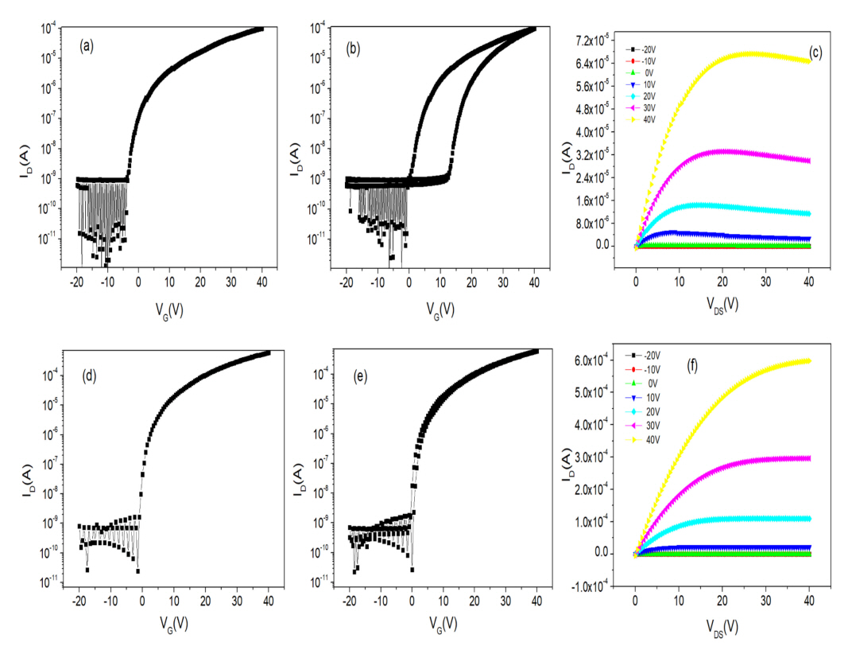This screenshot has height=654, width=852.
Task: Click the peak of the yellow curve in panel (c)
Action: coord(751,53)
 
